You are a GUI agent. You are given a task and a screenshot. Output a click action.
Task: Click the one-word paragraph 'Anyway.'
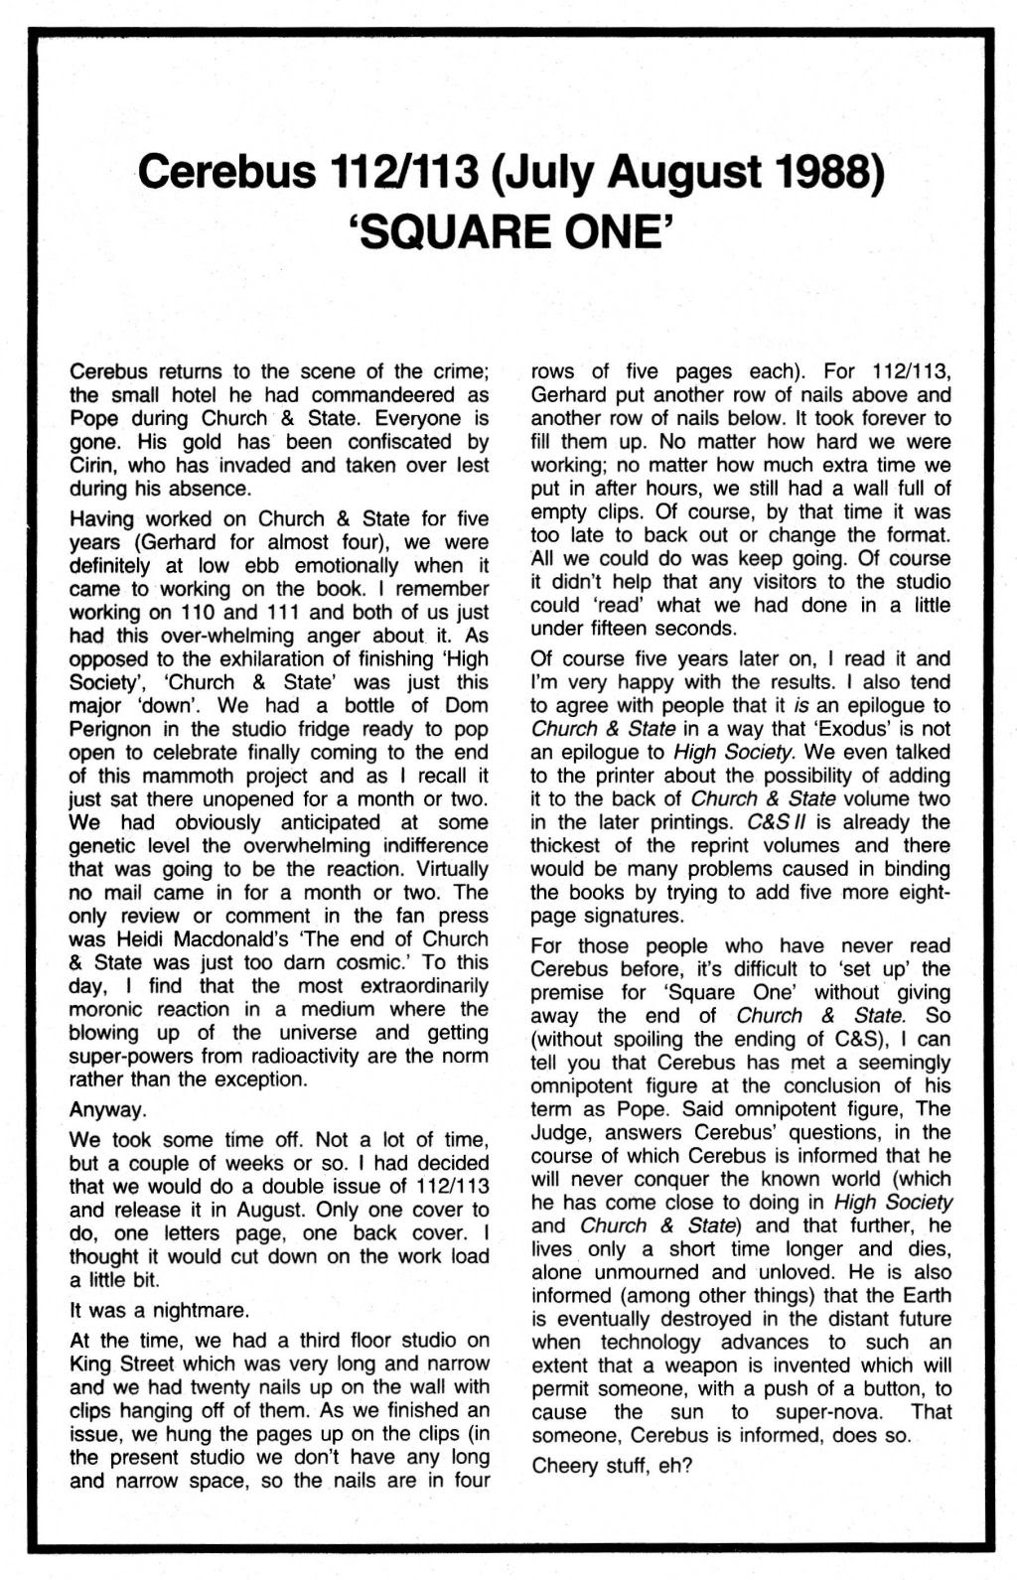click(x=108, y=1109)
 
